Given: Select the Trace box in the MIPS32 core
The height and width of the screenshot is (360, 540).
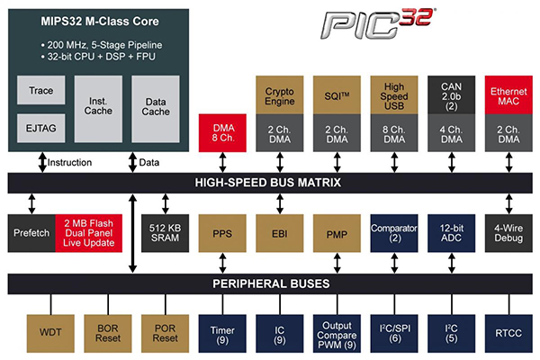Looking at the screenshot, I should [40, 91].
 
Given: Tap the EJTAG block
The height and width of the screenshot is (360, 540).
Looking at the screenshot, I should [40, 128].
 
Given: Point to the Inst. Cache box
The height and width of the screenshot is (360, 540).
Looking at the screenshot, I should [98, 108].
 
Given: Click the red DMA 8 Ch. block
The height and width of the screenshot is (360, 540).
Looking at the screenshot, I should [221, 130].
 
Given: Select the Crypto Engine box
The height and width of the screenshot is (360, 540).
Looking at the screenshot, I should [280, 95].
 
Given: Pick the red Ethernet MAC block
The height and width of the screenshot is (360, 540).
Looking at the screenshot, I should [509, 95].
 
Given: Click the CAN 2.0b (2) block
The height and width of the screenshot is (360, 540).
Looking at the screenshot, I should [452, 95].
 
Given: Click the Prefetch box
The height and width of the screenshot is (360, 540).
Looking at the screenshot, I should [31, 232].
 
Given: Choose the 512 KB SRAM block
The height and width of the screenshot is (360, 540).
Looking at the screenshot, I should [165, 232].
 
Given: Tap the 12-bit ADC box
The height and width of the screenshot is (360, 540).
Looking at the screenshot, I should [452, 232].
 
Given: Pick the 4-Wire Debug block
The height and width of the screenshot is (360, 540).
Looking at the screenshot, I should [509, 232].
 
